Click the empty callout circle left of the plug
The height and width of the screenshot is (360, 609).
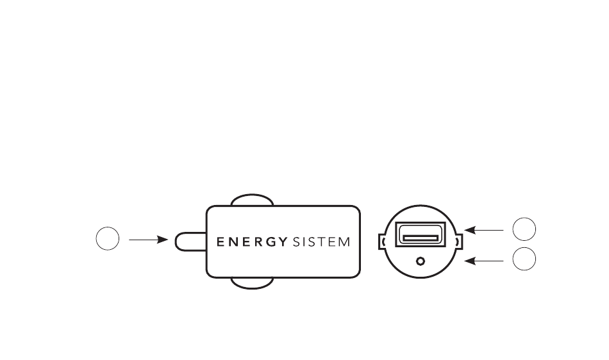click(x=108, y=238)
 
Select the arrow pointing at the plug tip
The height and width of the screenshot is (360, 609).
click(x=148, y=240)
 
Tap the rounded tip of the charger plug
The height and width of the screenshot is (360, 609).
click(x=190, y=241)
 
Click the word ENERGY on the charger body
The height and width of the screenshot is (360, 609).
click(x=252, y=242)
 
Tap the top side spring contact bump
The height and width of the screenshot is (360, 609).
click(x=252, y=200)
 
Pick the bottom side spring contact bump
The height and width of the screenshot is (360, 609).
click(x=252, y=283)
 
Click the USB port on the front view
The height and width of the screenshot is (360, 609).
click(x=421, y=234)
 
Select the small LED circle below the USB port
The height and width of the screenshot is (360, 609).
click(x=421, y=261)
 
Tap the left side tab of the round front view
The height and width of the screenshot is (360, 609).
click(x=381, y=241)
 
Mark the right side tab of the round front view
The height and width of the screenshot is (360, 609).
click(x=460, y=241)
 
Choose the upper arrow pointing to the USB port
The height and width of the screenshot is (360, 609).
click(x=484, y=230)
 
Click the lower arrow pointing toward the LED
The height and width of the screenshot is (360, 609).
click(x=484, y=261)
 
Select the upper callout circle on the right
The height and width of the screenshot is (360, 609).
click(x=524, y=229)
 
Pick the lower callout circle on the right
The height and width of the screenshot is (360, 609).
click(x=524, y=259)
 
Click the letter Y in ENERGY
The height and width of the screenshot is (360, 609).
click(x=283, y=242)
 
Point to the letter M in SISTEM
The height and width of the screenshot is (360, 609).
click(x=344, y=242)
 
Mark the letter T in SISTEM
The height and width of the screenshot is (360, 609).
click(x=322, y=242)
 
